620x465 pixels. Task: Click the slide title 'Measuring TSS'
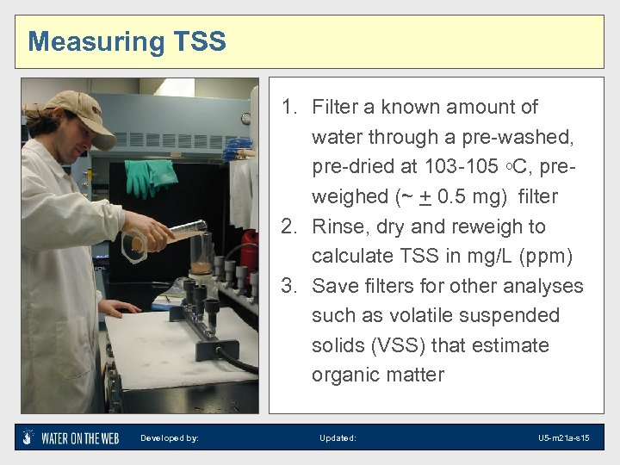pos(127,41)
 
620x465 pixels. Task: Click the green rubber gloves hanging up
pos(151,177)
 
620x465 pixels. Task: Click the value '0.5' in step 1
pos(455,196)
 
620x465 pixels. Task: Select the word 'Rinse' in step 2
pos(338,226)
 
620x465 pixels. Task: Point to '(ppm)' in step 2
pos(543,256)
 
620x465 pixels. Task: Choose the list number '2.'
pos(291,226)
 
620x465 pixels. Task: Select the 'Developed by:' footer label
pos(170,438)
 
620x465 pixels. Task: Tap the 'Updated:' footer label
pos(338,438)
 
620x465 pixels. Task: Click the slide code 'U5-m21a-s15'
pos(563,438)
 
